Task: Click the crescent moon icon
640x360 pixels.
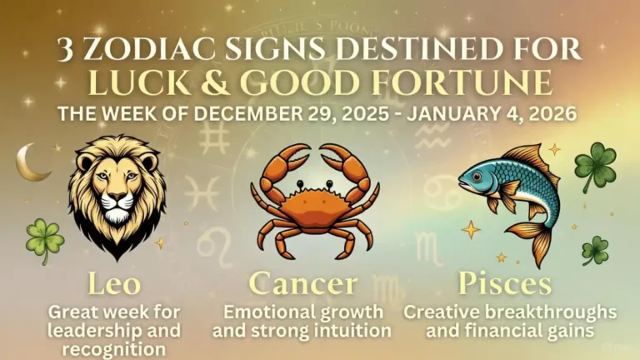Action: (31, 162)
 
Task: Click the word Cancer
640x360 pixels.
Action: (302, 284)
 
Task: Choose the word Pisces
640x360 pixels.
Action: (505, 284)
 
